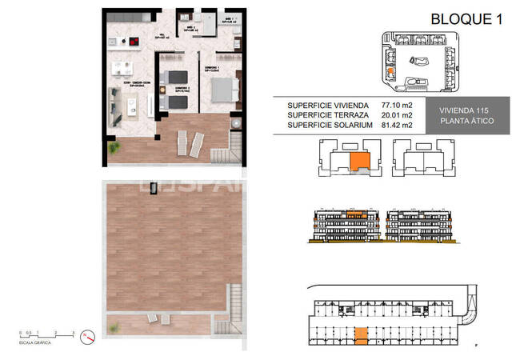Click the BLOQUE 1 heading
[x=465, y=19]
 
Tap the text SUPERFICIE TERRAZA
[x=328, y=114]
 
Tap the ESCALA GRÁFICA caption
[x=35, y=342]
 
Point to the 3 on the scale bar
[x=73, y=331]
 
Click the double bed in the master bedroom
[x=220, y=85]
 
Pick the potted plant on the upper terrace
[x=237, y=122]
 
